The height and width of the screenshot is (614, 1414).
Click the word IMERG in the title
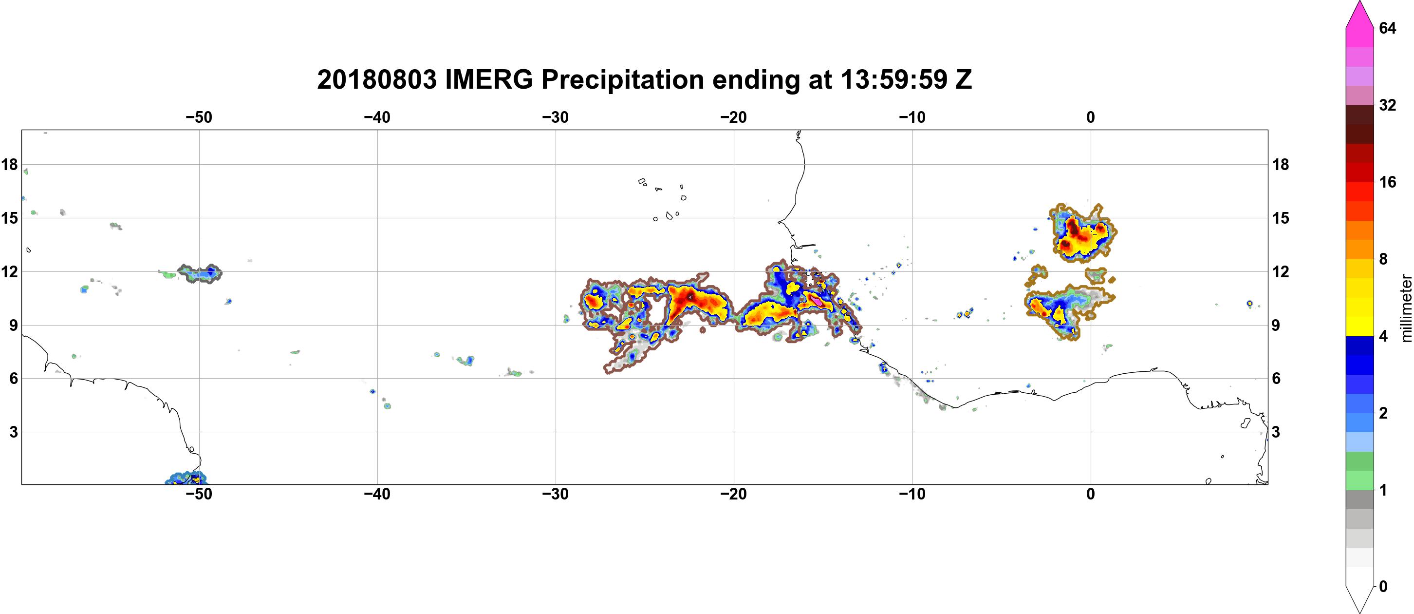point(488,79)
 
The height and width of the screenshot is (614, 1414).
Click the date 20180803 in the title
point(376,79)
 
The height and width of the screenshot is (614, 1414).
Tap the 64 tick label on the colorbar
point(1388,28)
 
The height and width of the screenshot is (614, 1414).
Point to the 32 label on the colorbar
point(1388,105)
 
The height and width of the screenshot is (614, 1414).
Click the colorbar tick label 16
point(1388,182)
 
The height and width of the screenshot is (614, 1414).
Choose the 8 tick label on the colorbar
point(1383,259)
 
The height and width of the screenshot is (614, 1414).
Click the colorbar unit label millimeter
point(1406,308)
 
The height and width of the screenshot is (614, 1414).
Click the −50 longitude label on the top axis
point(199,117)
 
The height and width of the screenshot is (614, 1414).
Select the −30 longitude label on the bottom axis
point(556,494)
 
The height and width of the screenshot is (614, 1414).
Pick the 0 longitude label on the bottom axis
point(1091,494)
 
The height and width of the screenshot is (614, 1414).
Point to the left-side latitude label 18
point(10,164)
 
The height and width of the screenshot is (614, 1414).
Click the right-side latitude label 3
point(1276,432)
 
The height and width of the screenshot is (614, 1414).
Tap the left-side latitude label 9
point(13,325)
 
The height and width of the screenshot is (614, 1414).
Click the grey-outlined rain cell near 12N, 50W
point(200,273)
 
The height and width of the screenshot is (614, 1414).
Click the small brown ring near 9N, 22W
point(703,330)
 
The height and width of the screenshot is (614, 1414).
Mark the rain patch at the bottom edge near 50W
point(186,479)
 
